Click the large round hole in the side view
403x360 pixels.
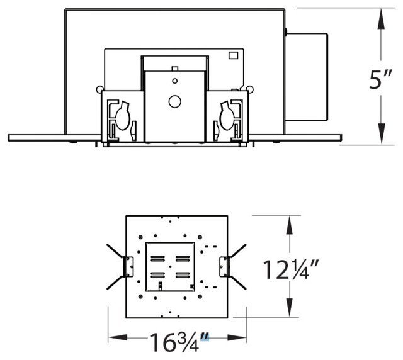(x=175, y=101)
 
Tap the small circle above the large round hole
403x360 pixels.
(x=175, y=81)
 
